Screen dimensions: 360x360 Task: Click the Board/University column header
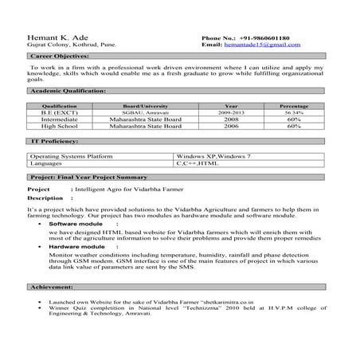click(138, 106)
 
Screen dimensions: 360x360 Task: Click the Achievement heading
click(53, 286)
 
